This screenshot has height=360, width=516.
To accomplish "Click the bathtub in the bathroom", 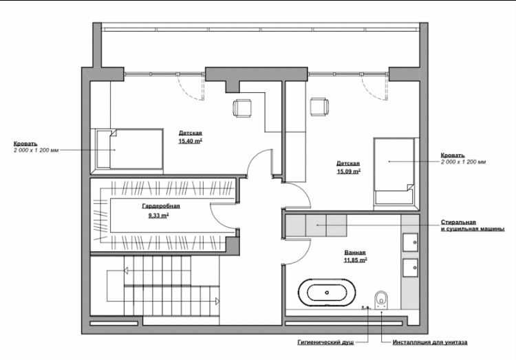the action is coord(327,293).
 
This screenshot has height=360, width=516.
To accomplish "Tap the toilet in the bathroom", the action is coord(381,299).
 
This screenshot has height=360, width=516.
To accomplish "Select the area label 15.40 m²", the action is coord(190,141).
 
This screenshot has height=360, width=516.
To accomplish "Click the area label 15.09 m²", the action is coord(349,171).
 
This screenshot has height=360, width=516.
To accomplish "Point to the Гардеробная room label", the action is coord(161,207).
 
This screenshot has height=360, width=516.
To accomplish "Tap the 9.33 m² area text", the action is coord(159,215).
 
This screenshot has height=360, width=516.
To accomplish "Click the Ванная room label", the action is coord(355,253).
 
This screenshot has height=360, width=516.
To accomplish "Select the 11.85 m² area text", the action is coord(356,260).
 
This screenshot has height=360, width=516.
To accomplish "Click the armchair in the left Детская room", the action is coord(242,107).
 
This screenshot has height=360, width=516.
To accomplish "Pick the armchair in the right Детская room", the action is coord(319,107).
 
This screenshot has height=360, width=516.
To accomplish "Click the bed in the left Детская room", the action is coord(129,149).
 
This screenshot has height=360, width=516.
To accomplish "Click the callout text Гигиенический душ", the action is coord(326,342).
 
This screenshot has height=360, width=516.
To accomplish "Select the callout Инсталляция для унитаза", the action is coord(430,343).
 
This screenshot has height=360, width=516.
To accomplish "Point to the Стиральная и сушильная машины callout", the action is coord(473,226).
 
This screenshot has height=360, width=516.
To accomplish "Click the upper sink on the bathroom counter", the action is coord(410,242).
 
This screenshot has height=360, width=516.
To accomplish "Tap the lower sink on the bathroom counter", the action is coord(410,268).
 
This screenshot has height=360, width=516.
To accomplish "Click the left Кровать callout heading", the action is coord(25,144).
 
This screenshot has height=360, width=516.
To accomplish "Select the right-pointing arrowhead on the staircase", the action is coord(217,301).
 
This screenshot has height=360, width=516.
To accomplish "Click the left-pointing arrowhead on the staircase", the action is coord(126,271).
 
